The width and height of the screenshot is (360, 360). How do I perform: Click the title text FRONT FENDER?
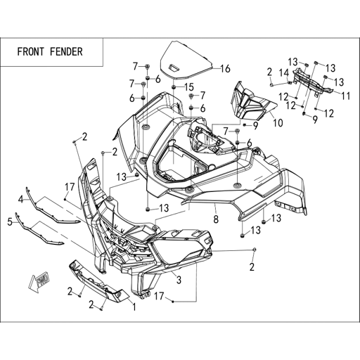(x=50, y=52)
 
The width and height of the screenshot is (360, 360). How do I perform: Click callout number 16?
(x=226, y=69)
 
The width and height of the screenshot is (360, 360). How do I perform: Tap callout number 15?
(x=189, y=87)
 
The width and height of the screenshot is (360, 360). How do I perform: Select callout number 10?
(x=278, y=122)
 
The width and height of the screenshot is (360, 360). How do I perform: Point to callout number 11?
(x=346, y=96)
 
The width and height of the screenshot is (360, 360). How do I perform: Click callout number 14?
(x=284, y=73)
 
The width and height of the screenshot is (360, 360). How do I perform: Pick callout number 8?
(x=216, y=219)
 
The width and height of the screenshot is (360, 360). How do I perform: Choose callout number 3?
(x=179, y=280)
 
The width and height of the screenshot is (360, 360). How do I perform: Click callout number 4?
(x=21, y=200)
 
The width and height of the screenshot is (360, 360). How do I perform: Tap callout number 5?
(x=10, y=221)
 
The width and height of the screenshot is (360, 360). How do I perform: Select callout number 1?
(x=134, y=307)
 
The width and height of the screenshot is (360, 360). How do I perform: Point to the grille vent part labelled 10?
(x=252, y=101)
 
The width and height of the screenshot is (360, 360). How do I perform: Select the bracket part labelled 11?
(x=313, y=82)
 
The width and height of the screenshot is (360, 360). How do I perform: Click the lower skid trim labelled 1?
(x=98, y=281)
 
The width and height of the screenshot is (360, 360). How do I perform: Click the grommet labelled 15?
(x=174, y=87)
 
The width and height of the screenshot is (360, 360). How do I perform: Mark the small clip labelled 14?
(x=290, y=82)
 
